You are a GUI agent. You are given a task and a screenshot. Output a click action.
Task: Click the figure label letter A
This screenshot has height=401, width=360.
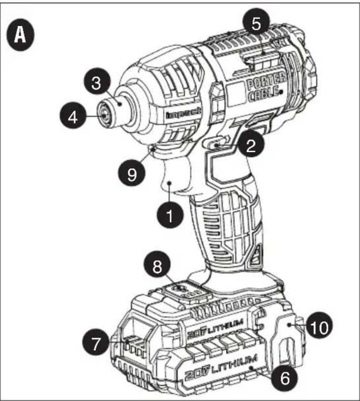20,34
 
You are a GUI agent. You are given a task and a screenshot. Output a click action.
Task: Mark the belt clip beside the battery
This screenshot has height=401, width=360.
289,339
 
